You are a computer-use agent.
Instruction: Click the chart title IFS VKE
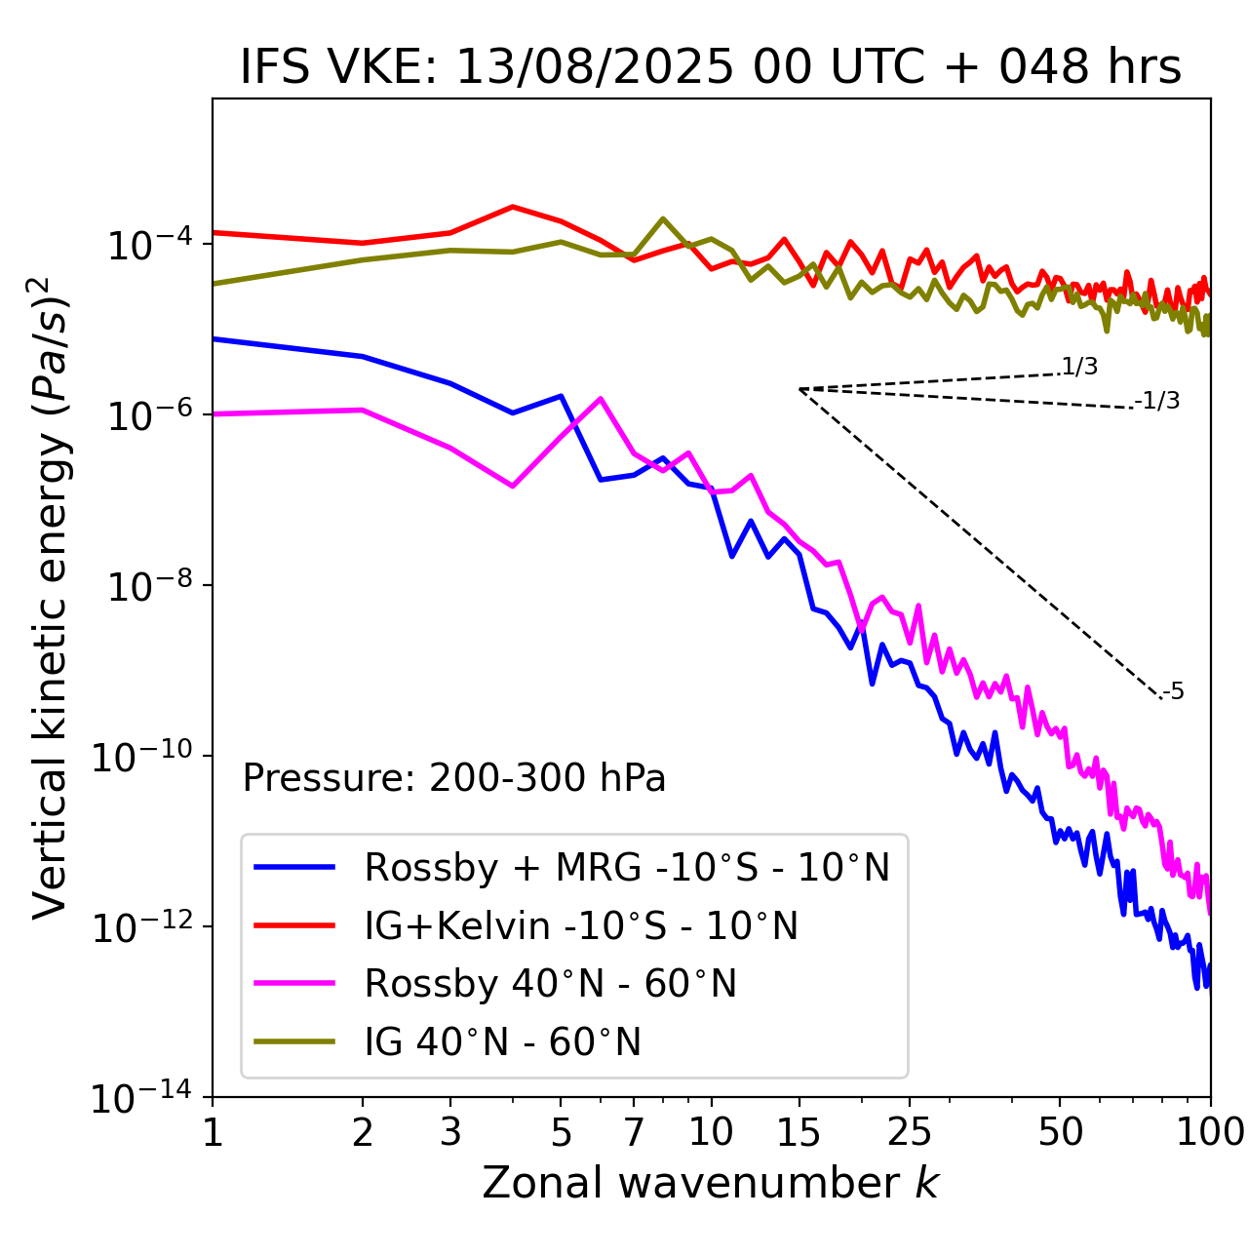[711, 68]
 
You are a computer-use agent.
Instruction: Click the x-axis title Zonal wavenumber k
[711, 1183]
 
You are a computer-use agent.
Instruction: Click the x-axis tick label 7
[634, 1132]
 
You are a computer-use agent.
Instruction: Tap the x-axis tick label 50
[1060, 1132]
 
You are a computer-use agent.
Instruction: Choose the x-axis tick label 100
[1209, 1132]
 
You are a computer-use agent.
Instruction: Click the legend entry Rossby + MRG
[627, 867]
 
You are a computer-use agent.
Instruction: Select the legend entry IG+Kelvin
[581, 925]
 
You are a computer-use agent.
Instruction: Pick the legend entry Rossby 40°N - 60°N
[550, 984]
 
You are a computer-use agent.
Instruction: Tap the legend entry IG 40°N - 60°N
[503, 1042]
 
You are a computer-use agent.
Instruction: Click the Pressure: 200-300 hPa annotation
[454, 778]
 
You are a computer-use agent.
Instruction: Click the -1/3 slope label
[1157, 401]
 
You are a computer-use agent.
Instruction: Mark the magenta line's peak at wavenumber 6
[601, 398]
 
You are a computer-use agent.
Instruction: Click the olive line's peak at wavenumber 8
[663, 218]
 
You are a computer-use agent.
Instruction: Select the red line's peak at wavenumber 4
[513, 207]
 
